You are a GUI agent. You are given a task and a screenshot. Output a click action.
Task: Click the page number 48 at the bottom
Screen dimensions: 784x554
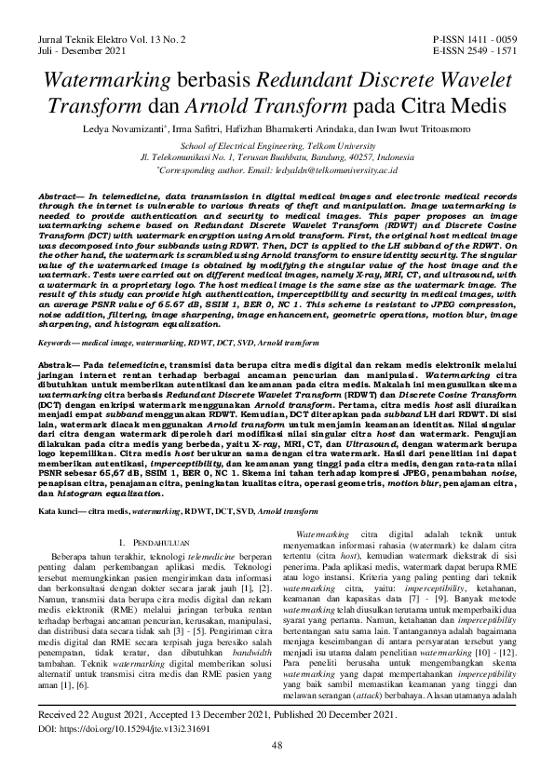(x=277, y=745)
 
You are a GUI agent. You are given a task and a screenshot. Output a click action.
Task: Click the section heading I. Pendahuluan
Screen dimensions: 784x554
(x=154, y=540)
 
